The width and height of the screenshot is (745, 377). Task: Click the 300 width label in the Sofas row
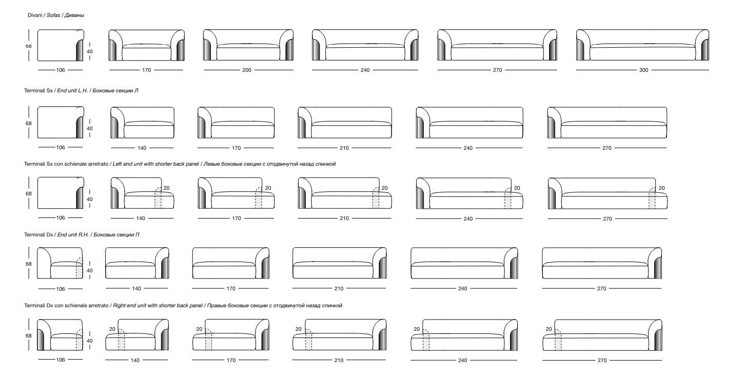(x=643, y=70)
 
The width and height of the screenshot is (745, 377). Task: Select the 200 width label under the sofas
(x=247, y=70)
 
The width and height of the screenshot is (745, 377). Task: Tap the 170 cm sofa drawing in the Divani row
(x=146, y=46)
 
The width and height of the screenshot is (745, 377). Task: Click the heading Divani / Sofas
(x=56, y=15)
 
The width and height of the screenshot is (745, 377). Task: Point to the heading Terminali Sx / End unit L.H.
(x=81, y=90)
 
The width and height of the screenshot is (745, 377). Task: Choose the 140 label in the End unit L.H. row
(x=142, y=148)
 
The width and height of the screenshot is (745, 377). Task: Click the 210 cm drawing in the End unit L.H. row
(x=344, y=123)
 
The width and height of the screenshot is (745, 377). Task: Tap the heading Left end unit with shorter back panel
(x=180, y=164)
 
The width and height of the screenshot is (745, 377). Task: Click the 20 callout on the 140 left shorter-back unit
(x=166, y=188)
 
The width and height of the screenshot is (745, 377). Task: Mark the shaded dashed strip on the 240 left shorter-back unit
(x=508, y=200)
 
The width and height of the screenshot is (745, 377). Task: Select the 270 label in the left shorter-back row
(x=607, y=219)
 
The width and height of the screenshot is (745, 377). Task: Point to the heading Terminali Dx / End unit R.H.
(x=82, y=234)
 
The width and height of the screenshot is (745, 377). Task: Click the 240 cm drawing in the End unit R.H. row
(x=464, y=263)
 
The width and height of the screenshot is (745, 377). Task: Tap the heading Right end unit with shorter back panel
(x=183, y=305)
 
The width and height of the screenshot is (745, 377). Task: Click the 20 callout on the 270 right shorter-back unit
(x=548, y=329)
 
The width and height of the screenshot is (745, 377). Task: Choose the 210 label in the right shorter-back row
(x=339, y=361)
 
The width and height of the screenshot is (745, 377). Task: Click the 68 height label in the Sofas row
(x=29, y=46)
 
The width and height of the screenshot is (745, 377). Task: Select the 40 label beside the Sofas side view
(x=90, y=51)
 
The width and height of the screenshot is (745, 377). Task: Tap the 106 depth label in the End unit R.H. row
(x=61, y=289)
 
